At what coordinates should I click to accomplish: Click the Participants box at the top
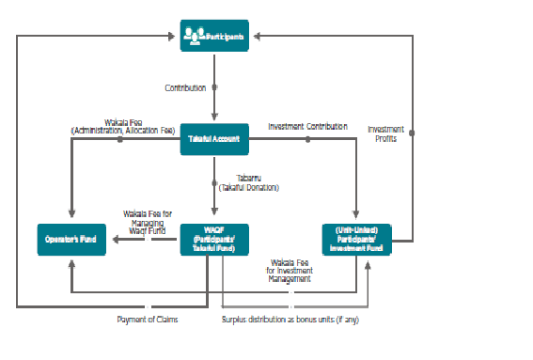click(x=215, y=36)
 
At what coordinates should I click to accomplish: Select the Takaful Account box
click(x=215, y=139)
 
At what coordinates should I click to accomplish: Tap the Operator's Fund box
click(x=71, y=240)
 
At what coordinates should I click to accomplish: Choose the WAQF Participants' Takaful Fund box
click(x=215, y=240)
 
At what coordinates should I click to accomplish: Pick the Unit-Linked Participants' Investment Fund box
click(x=355, y=240)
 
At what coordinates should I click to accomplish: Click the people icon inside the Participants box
click(x=195, y=36)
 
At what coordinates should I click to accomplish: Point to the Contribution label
click(x=185, y=87)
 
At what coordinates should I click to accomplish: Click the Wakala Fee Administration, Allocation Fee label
click(x=123, y=126)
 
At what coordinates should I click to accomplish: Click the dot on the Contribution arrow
click(x=215, y=87)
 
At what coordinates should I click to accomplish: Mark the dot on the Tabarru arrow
click(x=215, y=179)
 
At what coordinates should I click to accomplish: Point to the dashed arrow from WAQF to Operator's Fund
click(x=146, y=241)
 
